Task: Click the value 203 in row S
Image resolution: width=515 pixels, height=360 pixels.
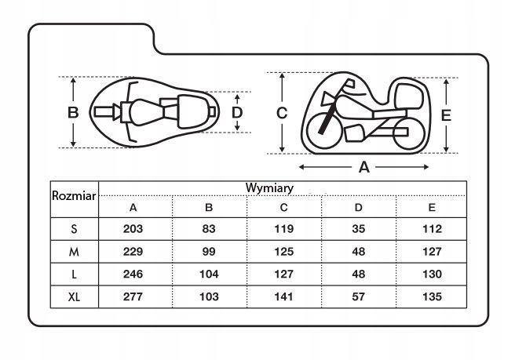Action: click(x=133, y=229)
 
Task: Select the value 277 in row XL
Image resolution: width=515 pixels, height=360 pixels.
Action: click(x=133, y=297)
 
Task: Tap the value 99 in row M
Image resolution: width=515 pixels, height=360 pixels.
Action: click(x=209, y=252)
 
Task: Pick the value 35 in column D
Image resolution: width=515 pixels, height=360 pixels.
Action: click(x=358, y=229)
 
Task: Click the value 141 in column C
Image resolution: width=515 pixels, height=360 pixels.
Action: click(x=283, y=297)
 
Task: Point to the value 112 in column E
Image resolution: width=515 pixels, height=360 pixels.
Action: click(x=431, y=229)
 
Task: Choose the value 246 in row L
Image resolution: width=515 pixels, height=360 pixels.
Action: click(x=133, y=275)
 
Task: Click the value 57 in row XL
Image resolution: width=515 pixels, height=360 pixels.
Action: click(x=358, y=297)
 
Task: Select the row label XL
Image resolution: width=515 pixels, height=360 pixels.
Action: click(x=73, y=297)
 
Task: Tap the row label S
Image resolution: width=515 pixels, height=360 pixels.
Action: click(x=73, y=229)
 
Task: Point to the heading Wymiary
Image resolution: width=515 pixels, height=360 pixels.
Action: click(x=269, y=188)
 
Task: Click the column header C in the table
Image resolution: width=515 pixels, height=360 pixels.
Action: click(x=283, y=208)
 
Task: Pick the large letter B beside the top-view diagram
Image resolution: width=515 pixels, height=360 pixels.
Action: click(x=73, y=112)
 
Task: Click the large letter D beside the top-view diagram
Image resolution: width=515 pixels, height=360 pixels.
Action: click(x=237, y=113)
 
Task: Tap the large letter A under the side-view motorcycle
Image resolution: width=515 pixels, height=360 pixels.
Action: click(x=363, y=167)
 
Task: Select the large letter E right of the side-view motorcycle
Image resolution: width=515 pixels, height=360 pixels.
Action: click(x=446, y=115)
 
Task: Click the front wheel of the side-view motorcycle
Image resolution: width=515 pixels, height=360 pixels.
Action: click(x=321, y=125)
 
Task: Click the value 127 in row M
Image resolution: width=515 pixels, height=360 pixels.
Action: click(x=431, y=252)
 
